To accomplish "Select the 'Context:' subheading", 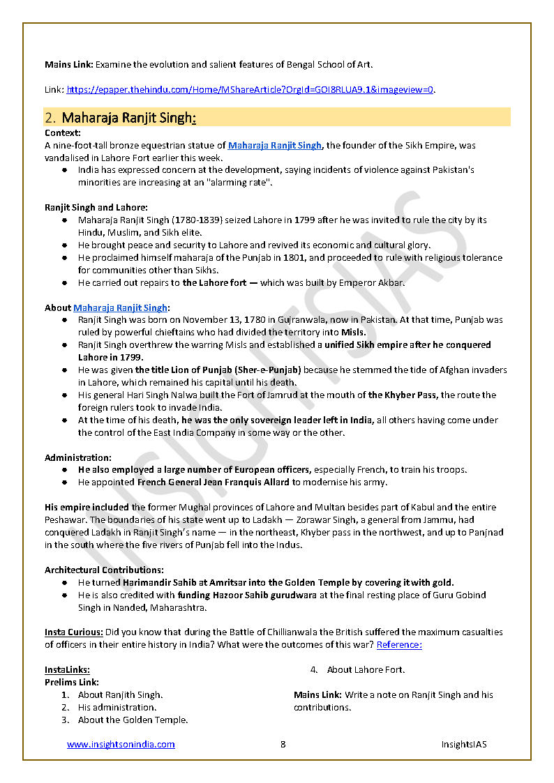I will click(x=63, y=132).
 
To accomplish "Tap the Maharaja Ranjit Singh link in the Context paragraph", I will click(x=275, y=146).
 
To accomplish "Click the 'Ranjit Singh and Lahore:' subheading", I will click(x=96, y=207).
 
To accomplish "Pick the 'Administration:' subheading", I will click(x=78, y=457).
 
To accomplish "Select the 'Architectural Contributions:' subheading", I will click(x=105, y=570).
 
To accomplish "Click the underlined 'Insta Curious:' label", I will click(x=74, y=632).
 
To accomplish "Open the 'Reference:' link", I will click(x=399, y=645).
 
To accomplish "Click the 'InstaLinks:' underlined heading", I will click(x=67, y=670).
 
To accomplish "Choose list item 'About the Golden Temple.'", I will click(x=133, y=720).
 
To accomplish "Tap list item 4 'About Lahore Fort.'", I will click(x=366, y=670).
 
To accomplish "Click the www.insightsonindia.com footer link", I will click(x=121, y=745).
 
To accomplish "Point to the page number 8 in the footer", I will click(x=283, y=745).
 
